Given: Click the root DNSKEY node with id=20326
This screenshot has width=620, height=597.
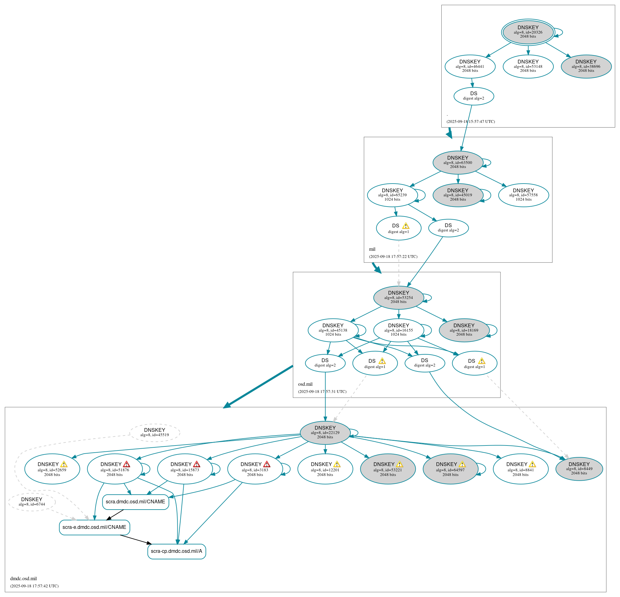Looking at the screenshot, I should click(528, 32).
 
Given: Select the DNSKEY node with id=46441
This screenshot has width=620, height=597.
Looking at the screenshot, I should click(470, 66).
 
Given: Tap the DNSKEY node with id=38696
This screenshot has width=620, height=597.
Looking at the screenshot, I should click(586, 66).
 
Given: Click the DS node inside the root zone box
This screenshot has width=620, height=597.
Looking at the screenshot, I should click(473, 96).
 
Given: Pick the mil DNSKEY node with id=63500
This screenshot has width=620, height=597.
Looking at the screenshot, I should click(458, 162).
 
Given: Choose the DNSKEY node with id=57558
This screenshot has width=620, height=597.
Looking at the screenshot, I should click(523, 195).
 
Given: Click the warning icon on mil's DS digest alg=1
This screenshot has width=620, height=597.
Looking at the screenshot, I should click(406, 226).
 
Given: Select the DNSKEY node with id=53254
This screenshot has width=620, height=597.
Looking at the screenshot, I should click(398, 297).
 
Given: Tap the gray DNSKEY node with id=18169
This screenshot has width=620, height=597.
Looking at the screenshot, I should click(464, 330).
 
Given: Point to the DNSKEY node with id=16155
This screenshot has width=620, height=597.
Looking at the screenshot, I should click(398, 330).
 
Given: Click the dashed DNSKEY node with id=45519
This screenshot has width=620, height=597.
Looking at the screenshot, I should click(154, 432).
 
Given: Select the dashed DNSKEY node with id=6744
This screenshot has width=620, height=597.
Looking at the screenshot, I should click(32, 501).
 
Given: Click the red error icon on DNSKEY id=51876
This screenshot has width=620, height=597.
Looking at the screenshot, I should click(127, 464).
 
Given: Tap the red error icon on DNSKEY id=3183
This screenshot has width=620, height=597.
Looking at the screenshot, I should click(267, 464).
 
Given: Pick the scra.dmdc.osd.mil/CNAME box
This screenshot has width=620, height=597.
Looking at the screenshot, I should click(135, 501).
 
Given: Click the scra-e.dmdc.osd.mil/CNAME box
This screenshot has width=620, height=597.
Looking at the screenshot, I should click(94, 527).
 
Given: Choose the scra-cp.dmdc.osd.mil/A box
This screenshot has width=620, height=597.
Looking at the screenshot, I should click(176, 551).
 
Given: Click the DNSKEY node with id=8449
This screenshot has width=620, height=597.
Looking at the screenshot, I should click(579, 469).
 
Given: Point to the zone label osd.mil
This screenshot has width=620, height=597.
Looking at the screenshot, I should click(305, 384).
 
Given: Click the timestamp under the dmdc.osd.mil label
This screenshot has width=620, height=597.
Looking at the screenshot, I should click(34, 586).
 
